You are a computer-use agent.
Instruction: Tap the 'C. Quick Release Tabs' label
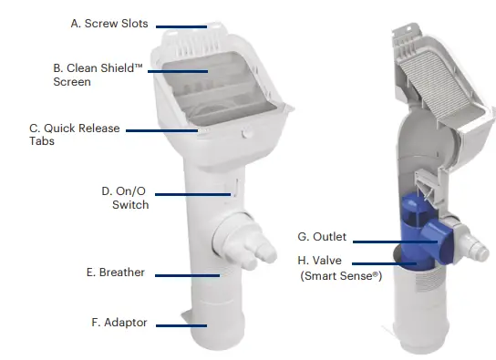pos(74,135)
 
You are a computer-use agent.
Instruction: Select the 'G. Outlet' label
pos(323,237)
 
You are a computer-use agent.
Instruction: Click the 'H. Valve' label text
pos(320,261)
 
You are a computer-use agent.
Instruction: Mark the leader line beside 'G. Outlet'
pos(385,241)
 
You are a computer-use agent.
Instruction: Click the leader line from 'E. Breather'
pos(187,273)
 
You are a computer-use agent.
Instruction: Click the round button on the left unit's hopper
pos(243,133)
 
